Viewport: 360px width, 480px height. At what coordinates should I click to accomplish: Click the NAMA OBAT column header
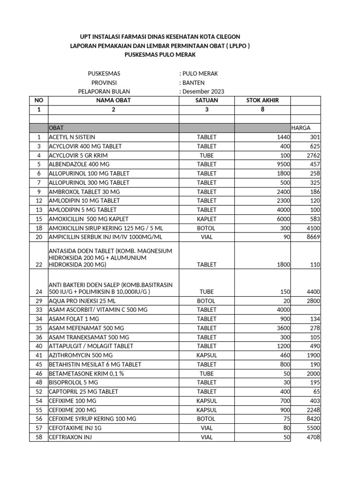point(113,100)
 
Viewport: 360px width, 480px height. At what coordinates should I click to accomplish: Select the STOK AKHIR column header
point(262,100)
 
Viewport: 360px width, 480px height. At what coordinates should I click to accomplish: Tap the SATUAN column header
point(207,100)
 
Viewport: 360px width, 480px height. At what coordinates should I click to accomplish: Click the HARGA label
point(300,128)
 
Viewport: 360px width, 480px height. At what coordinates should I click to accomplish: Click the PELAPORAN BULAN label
point(104,91)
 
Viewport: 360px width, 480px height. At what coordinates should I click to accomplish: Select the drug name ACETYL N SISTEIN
point(72,137)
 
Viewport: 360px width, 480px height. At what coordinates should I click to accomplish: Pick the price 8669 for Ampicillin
point(312,237)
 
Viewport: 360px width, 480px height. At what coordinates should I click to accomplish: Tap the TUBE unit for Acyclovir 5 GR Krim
point(207,155)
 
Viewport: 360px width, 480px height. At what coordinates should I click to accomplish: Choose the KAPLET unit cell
point(207,219)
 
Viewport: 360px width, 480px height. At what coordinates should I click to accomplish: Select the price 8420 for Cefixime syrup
point(312,419)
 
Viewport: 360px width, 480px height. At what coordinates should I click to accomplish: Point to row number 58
point(38,437)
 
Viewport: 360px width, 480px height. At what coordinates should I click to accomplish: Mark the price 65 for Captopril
point(316,391)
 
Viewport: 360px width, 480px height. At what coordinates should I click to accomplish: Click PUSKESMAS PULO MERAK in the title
point(160,55)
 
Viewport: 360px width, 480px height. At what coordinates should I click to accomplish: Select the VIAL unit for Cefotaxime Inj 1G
point(207,428)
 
